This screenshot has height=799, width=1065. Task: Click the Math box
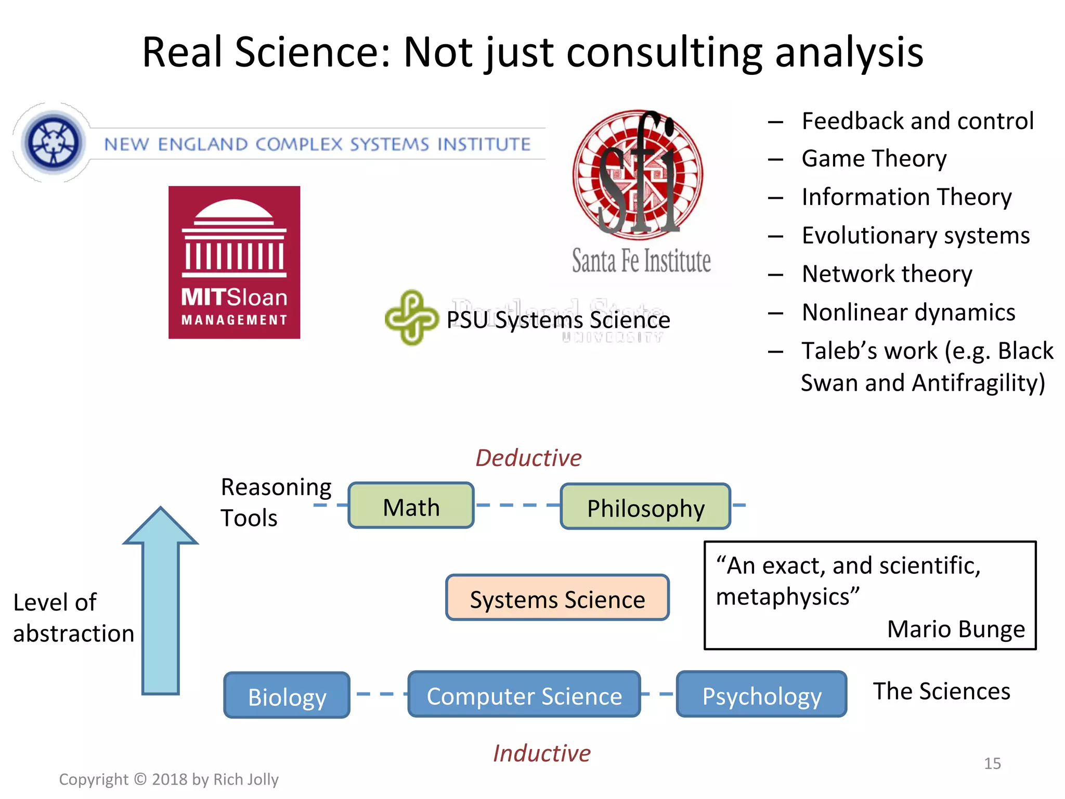point(411,506)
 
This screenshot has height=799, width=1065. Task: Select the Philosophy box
point(645,507)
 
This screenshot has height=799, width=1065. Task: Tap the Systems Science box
point(557,598)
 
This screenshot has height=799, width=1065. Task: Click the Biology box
point(287,695)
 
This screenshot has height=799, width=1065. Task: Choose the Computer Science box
point(524,694)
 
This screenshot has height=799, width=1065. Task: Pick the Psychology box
point(761,694)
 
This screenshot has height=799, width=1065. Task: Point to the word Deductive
point(528,458)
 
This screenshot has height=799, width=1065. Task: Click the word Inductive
point(541,753)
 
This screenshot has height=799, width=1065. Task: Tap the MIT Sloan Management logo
point(234,262)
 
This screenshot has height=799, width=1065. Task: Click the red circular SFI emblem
point(638,174)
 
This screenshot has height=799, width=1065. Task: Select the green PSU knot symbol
point(411,317)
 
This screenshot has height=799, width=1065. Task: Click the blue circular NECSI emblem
point(53,143)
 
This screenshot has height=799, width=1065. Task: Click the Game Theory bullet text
point(874,158)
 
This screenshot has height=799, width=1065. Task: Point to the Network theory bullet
point(887,274)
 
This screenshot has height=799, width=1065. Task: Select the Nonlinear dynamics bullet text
point(908,312)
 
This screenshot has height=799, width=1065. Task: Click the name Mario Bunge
point(955,628)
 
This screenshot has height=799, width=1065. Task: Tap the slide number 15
point(992,763)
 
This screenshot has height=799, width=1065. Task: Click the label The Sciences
point(941,691)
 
